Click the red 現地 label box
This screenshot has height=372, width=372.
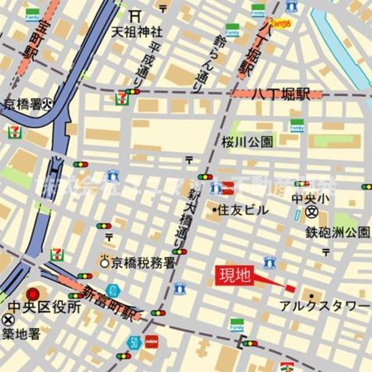pos(234,276)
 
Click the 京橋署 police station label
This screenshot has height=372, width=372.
pos(24,105)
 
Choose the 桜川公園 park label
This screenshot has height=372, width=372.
pos(247,141)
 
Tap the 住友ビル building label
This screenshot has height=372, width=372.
pos(243,210)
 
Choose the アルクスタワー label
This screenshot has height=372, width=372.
pos(325,306)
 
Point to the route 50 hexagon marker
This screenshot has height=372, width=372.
pos(135,342)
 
